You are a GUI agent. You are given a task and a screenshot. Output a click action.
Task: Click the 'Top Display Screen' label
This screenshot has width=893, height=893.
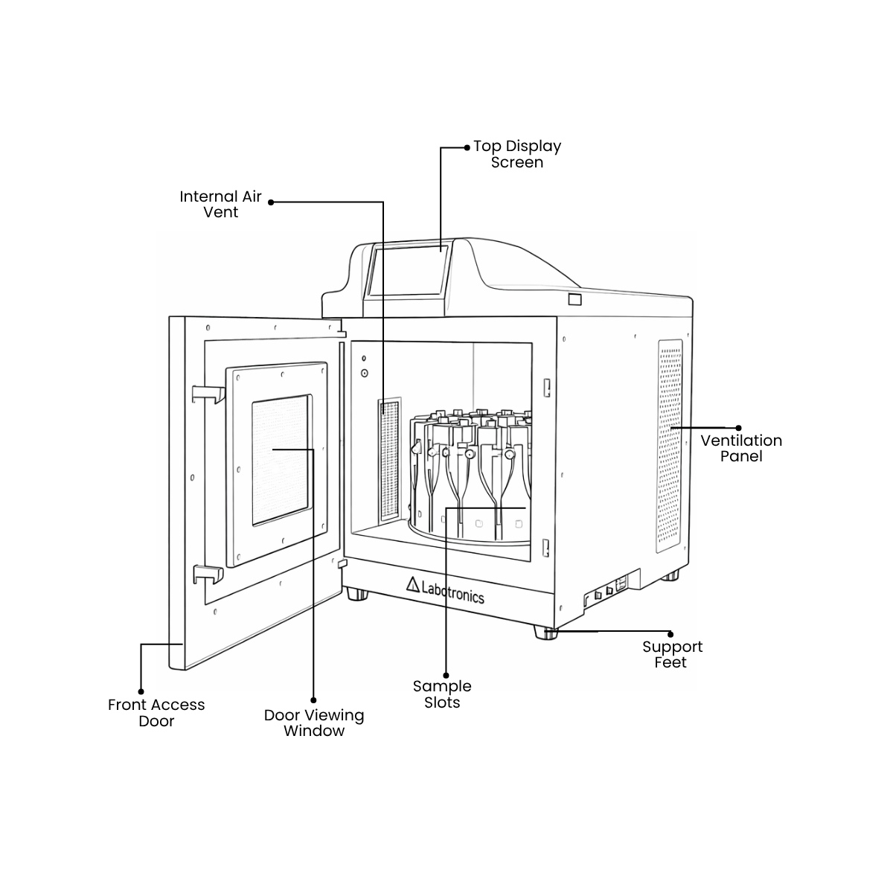pos(516,154)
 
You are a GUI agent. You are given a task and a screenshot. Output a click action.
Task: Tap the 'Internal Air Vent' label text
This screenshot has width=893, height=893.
pos(220,204)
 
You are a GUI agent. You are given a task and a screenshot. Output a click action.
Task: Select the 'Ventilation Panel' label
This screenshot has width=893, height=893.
pos(741,448)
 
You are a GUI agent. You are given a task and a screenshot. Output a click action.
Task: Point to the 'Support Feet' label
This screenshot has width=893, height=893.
pos(672,654)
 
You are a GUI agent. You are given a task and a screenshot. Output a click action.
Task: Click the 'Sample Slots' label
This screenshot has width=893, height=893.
pos(442,694)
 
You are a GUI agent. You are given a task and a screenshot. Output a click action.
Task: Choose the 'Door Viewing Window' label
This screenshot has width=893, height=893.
pos(314,723)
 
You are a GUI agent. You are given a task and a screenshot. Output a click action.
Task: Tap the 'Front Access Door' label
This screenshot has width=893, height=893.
pos(156,713)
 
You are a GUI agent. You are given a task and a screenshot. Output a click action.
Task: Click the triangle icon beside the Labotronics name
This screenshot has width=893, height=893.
pos(413,584)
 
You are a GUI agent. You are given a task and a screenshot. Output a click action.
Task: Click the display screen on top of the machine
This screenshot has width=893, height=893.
pos(408,270)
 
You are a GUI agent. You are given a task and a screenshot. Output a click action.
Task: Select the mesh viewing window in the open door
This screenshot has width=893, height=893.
pos(281,460)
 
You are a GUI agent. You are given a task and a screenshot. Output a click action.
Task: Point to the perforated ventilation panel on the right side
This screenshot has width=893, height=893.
pos(669,446)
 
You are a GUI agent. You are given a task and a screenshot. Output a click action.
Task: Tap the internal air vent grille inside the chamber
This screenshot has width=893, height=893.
pos(389,460)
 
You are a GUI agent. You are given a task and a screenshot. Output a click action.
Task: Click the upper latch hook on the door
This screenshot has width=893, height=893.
pos(208,394)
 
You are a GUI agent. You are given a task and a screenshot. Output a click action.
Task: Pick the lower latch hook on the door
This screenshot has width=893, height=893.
pos(208,574)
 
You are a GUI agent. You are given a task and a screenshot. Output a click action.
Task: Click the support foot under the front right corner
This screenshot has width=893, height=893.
pos(545,633)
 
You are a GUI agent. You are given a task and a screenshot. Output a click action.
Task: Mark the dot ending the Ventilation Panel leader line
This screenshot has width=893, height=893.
pos(738,428)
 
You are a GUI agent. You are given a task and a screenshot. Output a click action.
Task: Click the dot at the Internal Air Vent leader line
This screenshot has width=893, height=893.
pos(271,202)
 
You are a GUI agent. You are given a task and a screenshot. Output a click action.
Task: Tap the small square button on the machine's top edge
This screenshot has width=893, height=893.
pos(574,299)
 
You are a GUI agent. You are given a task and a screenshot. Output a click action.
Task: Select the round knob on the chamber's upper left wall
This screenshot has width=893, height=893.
pos(365,373)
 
